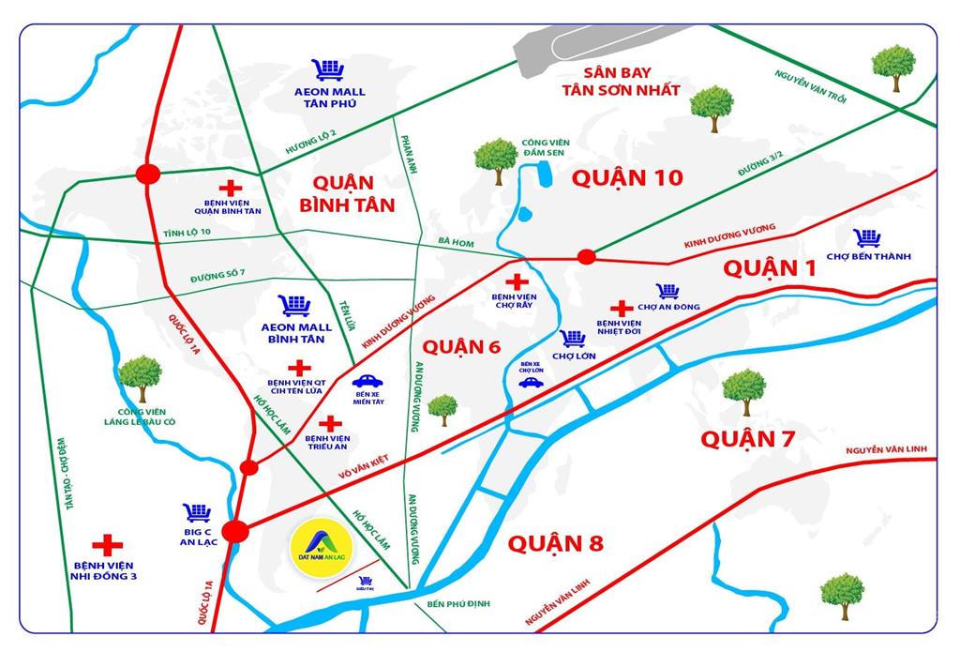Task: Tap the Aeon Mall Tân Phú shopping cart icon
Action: [x=329, y=69]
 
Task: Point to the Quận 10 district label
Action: [x=628, y=177]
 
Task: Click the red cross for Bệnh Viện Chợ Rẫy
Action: [x=516, y=281]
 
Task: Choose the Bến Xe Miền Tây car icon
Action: [x=367, y=382]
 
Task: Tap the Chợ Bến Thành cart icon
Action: [x=867, y=238]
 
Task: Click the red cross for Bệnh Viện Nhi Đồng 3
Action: [x=107, y=544]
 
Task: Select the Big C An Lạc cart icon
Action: [x=197, y=512]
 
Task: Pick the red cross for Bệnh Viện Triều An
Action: [x=330, y=423]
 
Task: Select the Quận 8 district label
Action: [x=556, y=543]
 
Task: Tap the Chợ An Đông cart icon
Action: [x=667, y=291]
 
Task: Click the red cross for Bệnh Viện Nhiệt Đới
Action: [x=620, y=308]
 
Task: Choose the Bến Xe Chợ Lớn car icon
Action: [x=531, y=383]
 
